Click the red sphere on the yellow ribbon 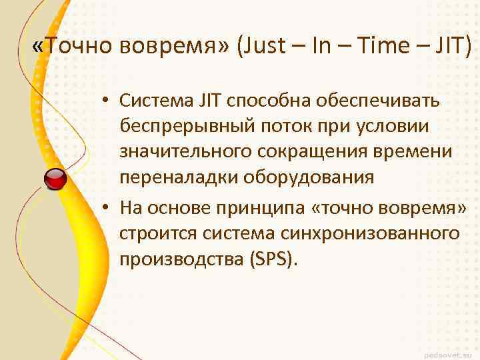click(x=55, y=179)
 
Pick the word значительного click(x=184, y=152)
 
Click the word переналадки click(x=177, y=178)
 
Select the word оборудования click(x=308, y=178)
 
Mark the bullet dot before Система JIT click(x=106, y=101)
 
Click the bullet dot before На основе click(x=106, y=208)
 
